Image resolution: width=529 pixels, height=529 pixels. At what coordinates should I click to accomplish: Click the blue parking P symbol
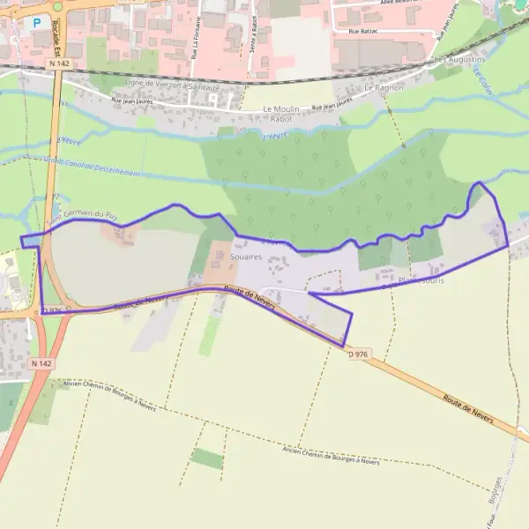click(36, 23)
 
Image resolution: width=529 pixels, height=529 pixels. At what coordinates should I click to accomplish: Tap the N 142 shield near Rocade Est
click(60, 63)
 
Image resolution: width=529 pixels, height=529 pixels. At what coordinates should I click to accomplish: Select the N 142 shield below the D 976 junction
click(41, 363)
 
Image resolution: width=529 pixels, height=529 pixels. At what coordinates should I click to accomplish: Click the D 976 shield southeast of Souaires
click(356, 354)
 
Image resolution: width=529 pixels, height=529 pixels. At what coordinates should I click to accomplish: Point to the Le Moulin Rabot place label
click(281, 113)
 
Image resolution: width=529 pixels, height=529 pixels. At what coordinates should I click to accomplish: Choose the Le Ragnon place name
click(383, 88)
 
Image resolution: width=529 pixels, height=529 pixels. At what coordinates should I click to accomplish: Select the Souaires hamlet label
click(246, 255)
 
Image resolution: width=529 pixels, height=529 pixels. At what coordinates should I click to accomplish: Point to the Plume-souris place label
click(421, 280)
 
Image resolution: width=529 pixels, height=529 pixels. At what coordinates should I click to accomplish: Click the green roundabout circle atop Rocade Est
click(57, 6)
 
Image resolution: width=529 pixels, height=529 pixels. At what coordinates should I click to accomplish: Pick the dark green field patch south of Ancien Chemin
click(207, 458)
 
